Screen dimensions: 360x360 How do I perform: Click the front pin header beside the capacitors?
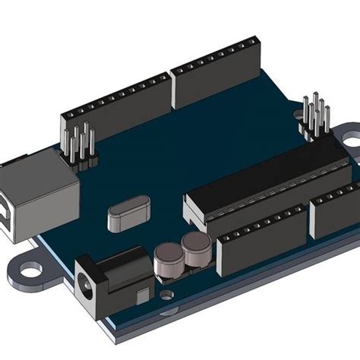(263, 239)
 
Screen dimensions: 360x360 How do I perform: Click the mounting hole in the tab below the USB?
(31, 269)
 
